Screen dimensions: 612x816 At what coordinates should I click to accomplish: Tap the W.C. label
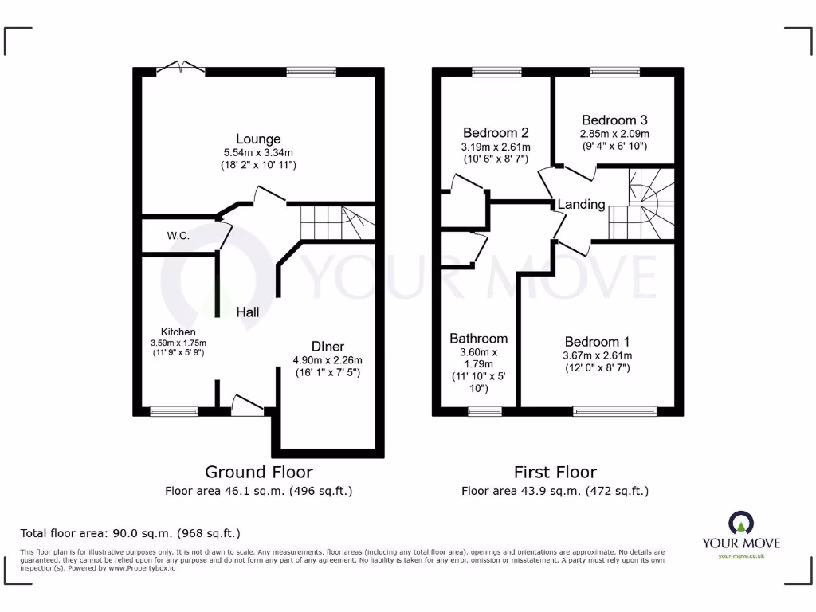tap(178, 236)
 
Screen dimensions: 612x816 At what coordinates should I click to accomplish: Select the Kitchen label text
tap(178, 331)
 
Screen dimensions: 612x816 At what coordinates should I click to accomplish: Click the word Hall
tap(247, 312)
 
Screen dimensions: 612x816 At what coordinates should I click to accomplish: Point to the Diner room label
tap(328, 347)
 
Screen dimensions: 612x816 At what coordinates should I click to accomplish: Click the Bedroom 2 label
tap(496, 132)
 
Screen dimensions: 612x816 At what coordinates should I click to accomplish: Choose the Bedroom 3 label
tap(614, 120)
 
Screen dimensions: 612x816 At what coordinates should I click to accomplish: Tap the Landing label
tap(581, 205)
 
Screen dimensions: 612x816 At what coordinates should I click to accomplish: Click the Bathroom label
tap(478, 339)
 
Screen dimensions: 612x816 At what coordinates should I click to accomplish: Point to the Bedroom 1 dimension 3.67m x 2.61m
tap(598, 355)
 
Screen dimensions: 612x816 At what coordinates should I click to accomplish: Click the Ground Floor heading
tap(259, 473)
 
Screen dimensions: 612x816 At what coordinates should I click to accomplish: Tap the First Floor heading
tap(555, 473)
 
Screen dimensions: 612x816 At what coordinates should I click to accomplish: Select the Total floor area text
tap(130, 533)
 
